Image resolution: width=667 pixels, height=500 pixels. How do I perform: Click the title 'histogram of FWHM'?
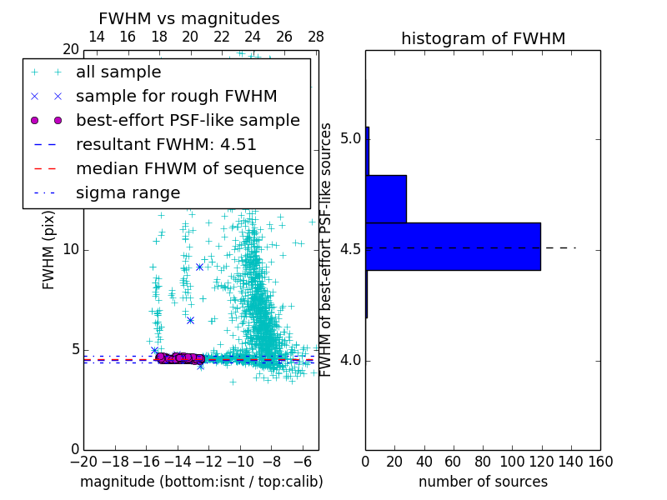click(483, 38)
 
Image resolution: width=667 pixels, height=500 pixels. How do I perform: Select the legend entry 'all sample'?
click(118, 72)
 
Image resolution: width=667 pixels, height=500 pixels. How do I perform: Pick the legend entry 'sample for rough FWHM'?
click(176, 96)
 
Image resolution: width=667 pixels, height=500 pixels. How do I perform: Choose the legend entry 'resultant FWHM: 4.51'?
click(166, 144)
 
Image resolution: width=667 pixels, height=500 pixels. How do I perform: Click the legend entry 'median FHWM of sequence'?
click(189, 168)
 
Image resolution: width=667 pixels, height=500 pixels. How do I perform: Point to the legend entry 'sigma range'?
click(128, 192)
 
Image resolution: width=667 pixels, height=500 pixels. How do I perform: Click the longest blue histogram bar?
click(453, 247)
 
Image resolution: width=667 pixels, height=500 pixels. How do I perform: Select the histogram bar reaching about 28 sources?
click(386, 199)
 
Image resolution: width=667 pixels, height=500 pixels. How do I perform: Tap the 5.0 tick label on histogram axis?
click(350, 137)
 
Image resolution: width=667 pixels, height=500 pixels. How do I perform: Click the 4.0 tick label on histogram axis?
click(350, 360)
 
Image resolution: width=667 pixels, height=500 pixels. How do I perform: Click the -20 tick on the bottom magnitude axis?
click(83, 461)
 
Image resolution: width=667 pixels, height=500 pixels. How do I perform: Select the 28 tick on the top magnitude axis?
click(316, 37)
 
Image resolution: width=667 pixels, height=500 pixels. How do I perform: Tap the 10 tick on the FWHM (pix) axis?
click(71, 250)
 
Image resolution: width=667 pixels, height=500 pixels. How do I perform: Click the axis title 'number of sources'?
click(483, 482)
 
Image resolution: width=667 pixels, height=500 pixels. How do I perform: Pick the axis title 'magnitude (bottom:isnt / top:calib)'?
click(201, 482)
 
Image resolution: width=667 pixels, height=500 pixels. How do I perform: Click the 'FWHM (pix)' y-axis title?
click(49, 250)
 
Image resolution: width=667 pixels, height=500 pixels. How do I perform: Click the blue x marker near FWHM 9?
click(199, 267)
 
